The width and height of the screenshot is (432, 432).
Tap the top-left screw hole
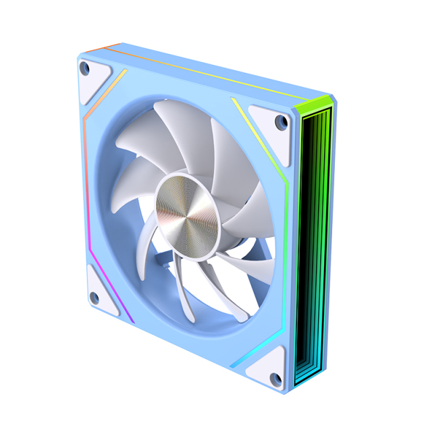(84, 67)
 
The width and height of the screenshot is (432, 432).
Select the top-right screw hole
(280, 122)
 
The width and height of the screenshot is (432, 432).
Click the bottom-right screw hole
(275, 378)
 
